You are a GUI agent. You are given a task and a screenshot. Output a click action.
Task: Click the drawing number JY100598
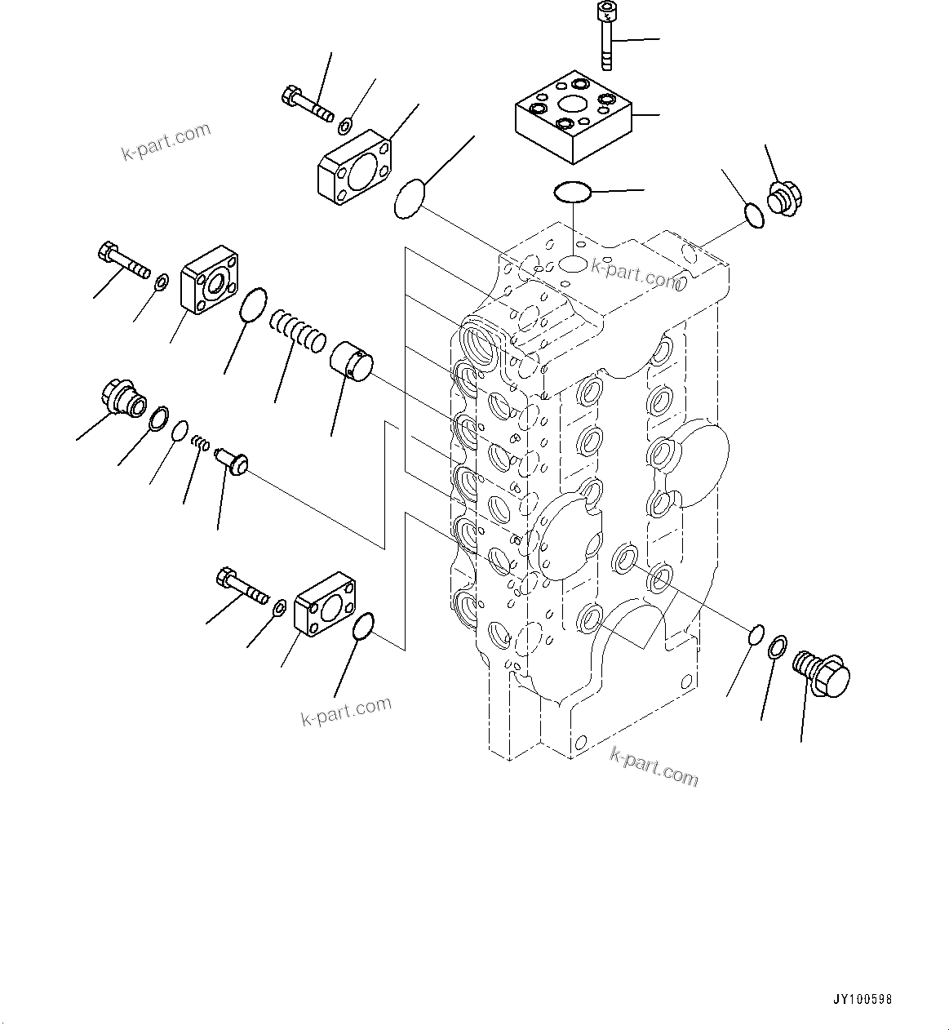[864, 999]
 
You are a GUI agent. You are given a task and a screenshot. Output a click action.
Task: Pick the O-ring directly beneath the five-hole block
[573, 193]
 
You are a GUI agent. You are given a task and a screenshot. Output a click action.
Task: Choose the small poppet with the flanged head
[231, 460]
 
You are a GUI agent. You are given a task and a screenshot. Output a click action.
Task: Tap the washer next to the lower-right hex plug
[778, 648]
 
